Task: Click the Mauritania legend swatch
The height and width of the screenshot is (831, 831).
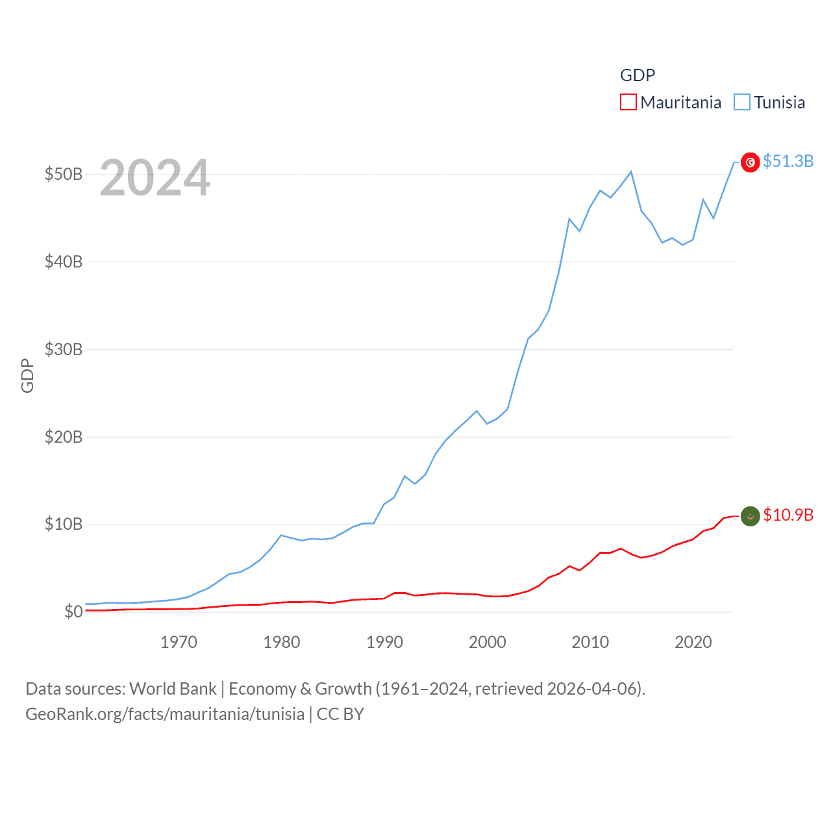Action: pyautogui.click(x=628, y=103)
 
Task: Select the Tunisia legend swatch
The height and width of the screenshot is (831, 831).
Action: pyautogui.click(x=741, y=103)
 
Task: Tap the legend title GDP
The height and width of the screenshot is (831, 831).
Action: pyautogui.click(x=638, y=75)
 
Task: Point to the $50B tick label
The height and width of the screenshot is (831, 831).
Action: pyautogui.click(x=64, y=174)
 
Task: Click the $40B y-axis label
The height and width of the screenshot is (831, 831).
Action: pyautogui.click(x=64, y=262)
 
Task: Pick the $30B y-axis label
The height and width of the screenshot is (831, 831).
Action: pyautogui.click(x=64, y=349)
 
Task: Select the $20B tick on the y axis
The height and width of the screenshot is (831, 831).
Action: pyautogui.click(x=64, y=437)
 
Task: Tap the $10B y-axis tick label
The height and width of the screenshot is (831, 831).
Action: pyautogui.click(x=64, y=524)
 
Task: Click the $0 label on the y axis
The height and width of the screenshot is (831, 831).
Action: pyautogui.click(x=73, y=612)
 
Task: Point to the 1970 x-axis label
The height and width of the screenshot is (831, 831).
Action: pyautogui.click(x=179, y=642)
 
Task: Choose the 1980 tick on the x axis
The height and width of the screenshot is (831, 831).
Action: pyautogui.click(x=282, y=642)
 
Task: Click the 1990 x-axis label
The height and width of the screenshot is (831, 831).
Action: pyautogui.click(x=384, y=642)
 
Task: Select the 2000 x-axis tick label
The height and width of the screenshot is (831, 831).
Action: pyautogui.click(x=488, y=642)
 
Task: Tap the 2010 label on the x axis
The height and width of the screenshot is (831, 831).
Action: pyautogui.click(x=590, y=642)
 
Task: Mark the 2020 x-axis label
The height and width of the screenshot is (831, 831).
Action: pyautogui.click(x=693, y=642)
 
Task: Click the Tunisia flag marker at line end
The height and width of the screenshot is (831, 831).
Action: pyautogui.click(x=750, y=162)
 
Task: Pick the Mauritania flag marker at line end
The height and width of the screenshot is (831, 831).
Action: pyautogui.click(x=750, y=516)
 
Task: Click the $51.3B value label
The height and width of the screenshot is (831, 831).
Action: pyautogui.click(x=788, y=161)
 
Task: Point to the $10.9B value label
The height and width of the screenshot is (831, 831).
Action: pyautogui.click(x=788, y=515)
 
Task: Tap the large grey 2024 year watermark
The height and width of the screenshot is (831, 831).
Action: pyautogui.click(x=155, y=177)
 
